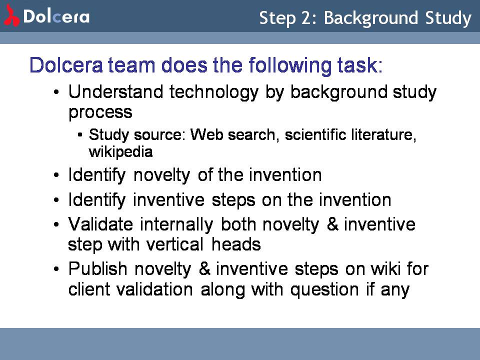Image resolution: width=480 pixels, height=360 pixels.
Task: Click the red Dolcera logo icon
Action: click(x=11, y=15)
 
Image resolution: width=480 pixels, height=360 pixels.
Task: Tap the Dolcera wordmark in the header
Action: click(x=56, y=16)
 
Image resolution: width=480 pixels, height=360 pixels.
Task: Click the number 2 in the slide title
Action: click(x=306, y=18)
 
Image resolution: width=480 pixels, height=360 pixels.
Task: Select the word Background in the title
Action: click(x=371, y=18)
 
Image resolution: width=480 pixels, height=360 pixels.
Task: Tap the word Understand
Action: click(x=115, y=91)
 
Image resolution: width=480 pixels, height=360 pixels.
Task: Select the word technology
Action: click(x=214, y=93)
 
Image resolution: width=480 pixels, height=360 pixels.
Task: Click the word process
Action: click(x=100, y=112)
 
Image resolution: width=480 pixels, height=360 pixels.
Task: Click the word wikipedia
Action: click(x=120, y=152)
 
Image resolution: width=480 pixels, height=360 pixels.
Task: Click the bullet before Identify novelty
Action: click(x=56, y=175)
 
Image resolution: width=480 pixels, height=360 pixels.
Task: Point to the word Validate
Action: click(x=100, y=224)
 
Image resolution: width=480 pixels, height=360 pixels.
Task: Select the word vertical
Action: click(x=175, y=244)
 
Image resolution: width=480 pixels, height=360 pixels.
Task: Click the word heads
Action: click(x=236, y=244)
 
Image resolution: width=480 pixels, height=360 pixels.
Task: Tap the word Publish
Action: click(x=97, y=269)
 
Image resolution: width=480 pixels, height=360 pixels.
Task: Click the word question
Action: click(x=324, y=290)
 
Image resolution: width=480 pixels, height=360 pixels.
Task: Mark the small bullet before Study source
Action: click(x=80, y=134)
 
